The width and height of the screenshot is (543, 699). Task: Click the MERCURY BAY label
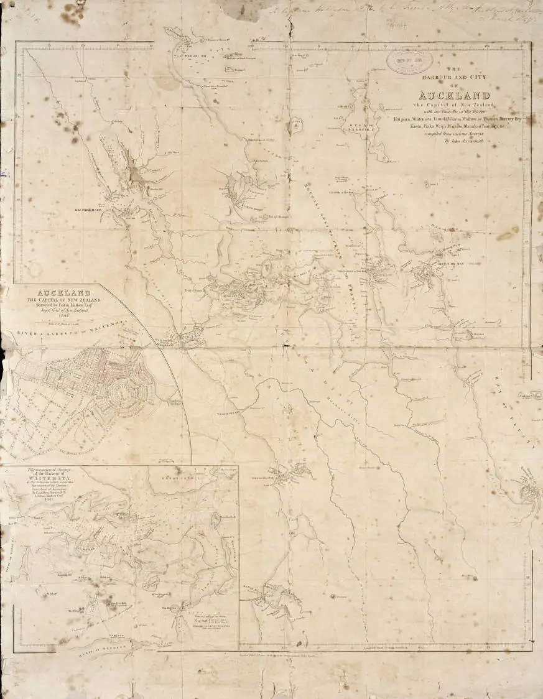(452, 264)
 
